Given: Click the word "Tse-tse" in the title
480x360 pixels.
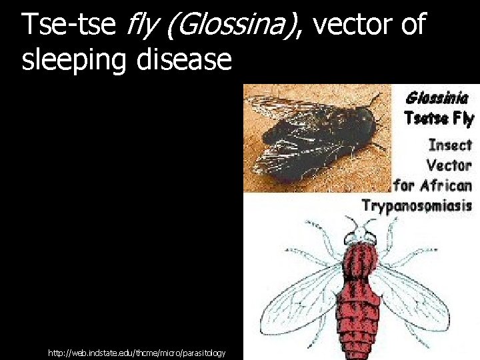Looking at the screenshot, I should [x=67, y=25].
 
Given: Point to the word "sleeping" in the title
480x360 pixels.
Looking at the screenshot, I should [x=75, y=60].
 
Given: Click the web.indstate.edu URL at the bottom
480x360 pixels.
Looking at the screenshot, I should [x=137, y=352].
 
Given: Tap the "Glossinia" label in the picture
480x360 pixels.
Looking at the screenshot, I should [x=437, y=98].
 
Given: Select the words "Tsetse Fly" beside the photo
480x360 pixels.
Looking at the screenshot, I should [x=438, y=119].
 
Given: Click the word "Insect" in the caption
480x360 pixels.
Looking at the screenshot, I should [x=450, y=145].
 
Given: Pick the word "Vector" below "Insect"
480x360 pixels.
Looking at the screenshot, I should [x=449, y=165].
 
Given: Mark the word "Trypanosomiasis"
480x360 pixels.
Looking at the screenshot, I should [x=417, y=205].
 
